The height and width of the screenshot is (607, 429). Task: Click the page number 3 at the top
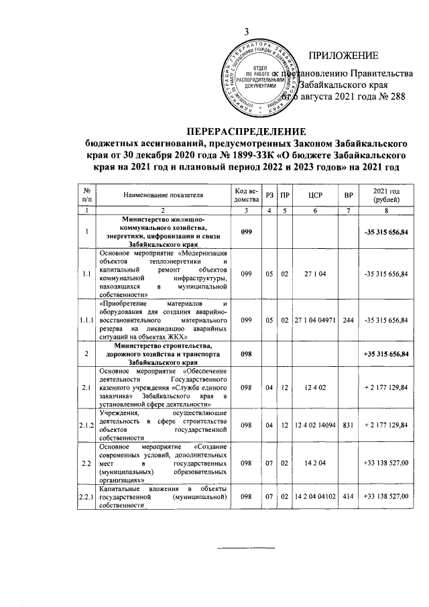click(x=246, y=32)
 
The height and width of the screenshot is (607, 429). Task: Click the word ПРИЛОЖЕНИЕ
click(x=343, y=55)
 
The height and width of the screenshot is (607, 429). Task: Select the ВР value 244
click(x=348, y=320)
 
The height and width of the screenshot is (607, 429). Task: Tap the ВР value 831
click(x=348, y=425)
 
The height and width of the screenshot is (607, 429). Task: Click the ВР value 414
click(x=348, y=496)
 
